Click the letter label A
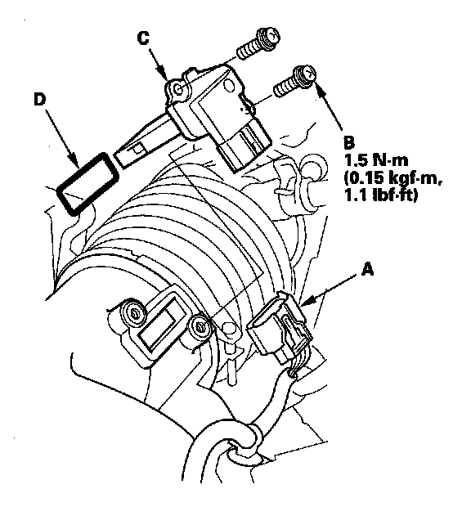367,269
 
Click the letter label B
349,142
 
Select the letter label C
143,38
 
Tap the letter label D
40,100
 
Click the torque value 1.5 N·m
376,160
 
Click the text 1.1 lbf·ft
381,195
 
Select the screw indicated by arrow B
294,81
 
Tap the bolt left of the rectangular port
133,313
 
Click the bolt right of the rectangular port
202,329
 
